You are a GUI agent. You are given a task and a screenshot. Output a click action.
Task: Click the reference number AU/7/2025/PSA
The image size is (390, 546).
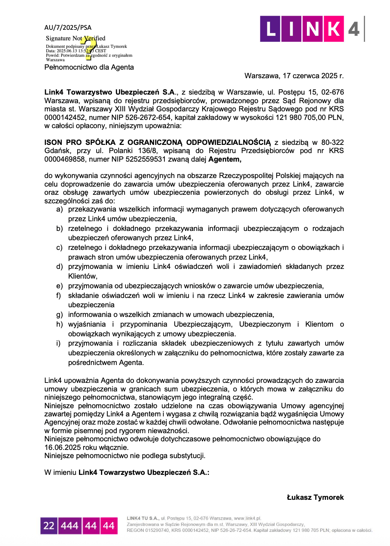(67, 28)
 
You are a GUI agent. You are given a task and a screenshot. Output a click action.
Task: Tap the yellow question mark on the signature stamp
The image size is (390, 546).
(89, 48)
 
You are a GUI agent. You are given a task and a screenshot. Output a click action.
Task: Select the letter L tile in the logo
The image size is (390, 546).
(271, 29)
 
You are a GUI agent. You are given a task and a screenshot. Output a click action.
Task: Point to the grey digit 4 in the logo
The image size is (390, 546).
(353, 29)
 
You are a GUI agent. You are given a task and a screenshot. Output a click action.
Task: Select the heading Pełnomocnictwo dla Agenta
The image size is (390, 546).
(89, 67)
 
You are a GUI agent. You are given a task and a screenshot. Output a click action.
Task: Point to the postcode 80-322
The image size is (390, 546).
(332, 143)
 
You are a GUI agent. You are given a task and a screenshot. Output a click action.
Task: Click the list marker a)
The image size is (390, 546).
(59, 209)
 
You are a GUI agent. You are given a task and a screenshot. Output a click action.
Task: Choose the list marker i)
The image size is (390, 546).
(58, 343)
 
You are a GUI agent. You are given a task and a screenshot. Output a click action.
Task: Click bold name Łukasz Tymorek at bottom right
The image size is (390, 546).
(315, 498)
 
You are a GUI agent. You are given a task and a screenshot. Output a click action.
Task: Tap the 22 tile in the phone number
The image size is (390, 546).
(49, 526)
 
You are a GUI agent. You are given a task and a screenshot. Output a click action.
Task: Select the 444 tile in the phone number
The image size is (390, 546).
(70, 526)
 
